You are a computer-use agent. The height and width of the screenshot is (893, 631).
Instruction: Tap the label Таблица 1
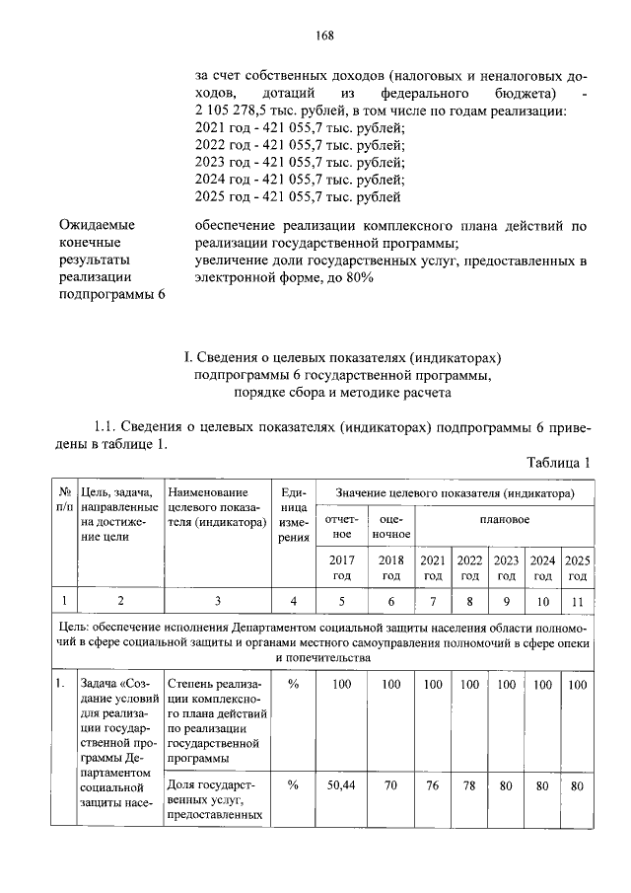click(557, 462)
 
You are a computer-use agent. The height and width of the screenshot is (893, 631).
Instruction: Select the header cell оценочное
click(390, 526)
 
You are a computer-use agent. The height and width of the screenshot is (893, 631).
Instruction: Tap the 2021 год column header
click(433, 567)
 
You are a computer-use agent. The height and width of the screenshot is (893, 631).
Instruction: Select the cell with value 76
click(433, 785)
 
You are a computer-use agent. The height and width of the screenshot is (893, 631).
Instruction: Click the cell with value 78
click(469, 785)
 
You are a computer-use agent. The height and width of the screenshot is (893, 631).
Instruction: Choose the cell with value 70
click(390, 785)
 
